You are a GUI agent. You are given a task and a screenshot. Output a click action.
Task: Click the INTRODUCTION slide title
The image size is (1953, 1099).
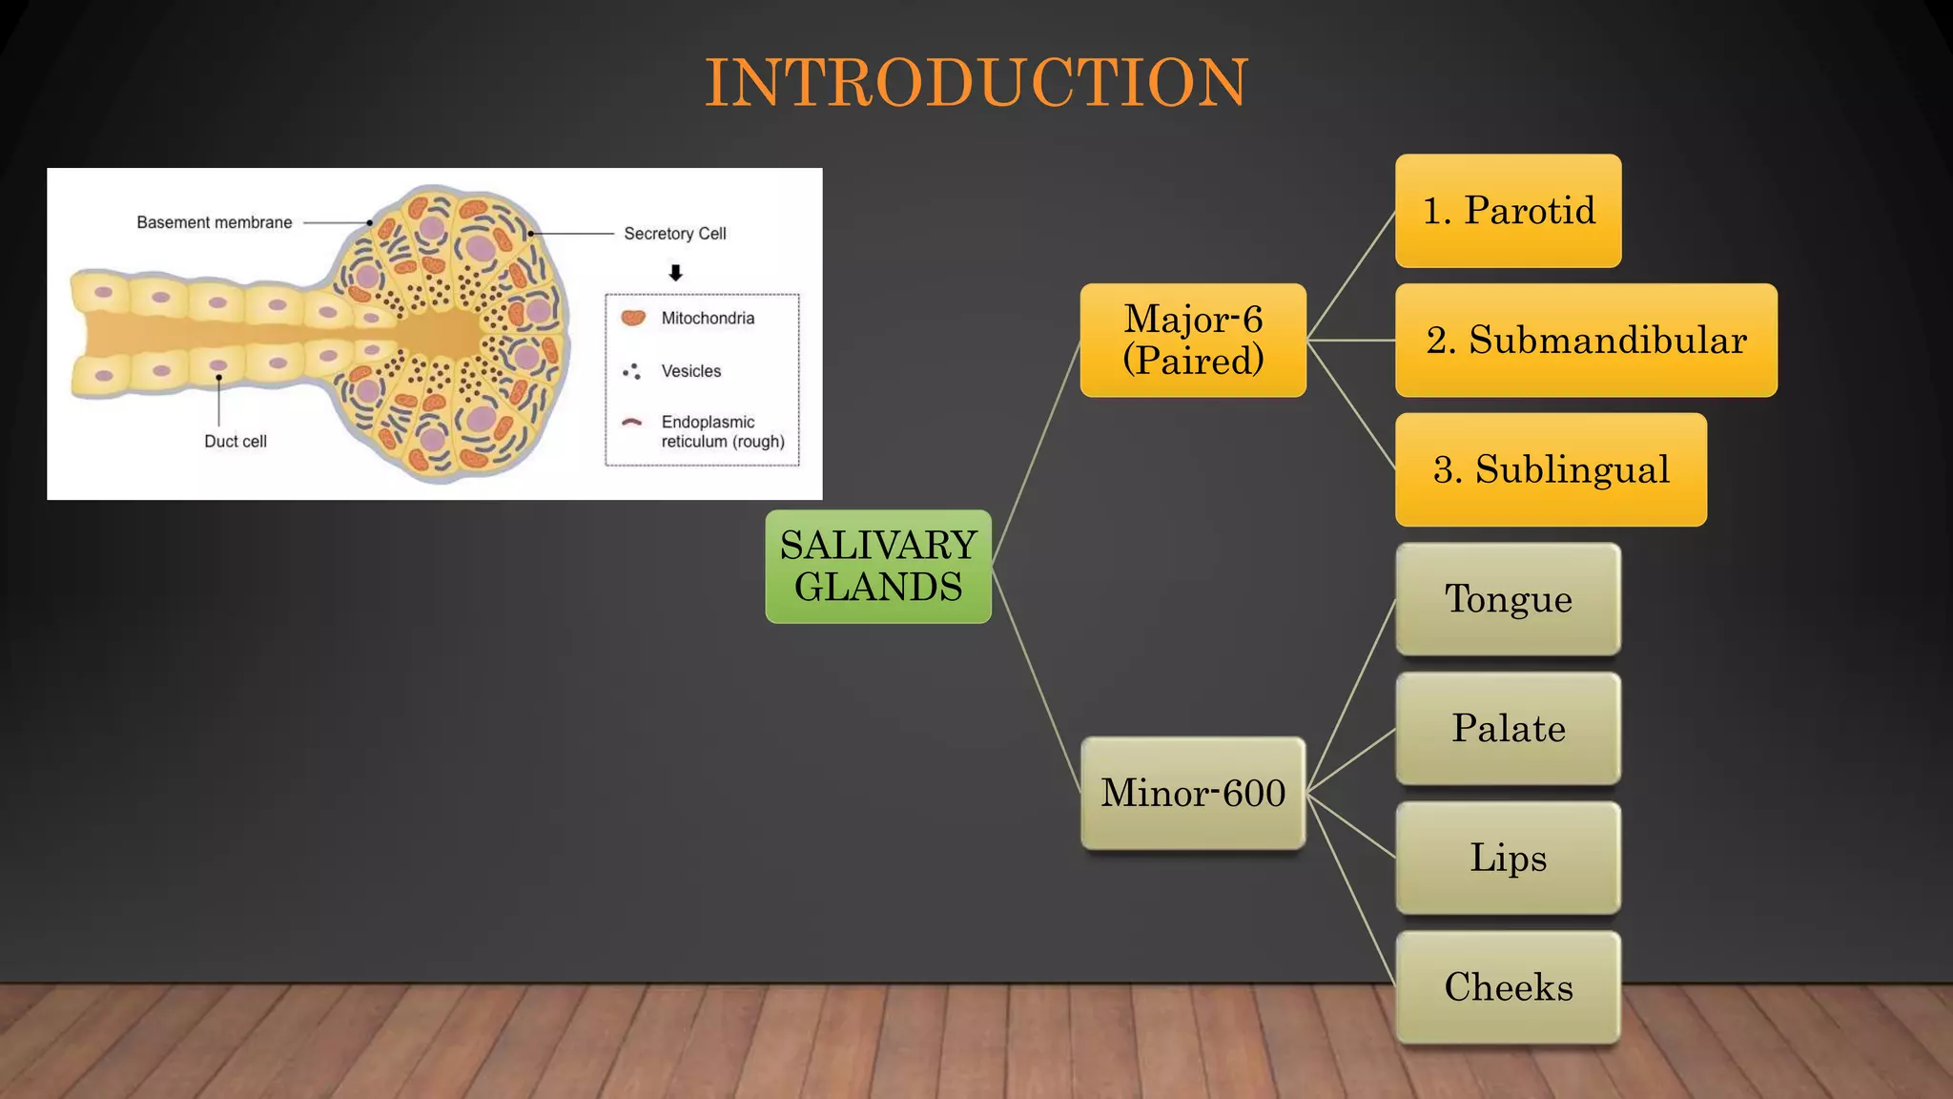(976, 82)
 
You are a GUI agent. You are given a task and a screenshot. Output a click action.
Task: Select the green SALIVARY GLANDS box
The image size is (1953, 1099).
(878, 567)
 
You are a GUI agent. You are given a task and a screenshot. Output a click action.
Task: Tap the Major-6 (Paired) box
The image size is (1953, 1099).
(1193, 340)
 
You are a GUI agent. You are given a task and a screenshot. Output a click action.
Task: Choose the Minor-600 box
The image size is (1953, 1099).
(1193, 793)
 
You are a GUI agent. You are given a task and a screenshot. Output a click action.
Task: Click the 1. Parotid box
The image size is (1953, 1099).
(1508, 211)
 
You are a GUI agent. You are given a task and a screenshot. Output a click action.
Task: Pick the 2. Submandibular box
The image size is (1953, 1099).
(1586, 340)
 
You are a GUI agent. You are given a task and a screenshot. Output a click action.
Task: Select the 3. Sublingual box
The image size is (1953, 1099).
(1551, 469)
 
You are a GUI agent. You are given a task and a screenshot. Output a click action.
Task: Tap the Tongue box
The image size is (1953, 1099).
(1508, 599)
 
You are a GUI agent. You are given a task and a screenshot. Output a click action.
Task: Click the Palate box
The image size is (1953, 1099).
(1508, 729)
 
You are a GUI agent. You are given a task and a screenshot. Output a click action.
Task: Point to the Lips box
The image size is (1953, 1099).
(1508, 858)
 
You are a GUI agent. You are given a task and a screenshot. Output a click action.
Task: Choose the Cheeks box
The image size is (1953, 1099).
(1508, 987)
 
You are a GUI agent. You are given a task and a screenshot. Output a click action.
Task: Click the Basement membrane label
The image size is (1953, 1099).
(215, 222)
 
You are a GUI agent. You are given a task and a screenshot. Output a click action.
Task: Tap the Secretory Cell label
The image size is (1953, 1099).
(675, 234)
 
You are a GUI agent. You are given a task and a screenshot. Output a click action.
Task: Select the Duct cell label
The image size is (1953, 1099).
(236, 441)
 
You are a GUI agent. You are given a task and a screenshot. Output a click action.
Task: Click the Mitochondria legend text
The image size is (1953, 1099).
(708, 318)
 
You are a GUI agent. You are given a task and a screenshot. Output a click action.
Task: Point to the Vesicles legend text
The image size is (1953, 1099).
(691, 371)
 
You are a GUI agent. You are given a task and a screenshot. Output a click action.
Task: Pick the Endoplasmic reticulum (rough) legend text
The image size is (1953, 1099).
(722, 431)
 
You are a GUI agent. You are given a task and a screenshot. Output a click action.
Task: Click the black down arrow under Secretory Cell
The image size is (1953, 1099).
(676, 273)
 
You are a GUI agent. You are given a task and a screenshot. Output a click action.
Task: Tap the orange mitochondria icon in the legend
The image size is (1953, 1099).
(633, 318)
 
